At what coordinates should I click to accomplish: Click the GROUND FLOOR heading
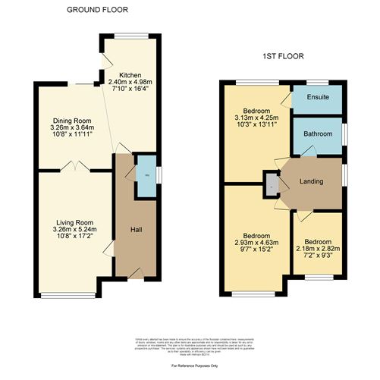(x=97, y=10)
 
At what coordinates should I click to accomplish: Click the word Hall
(x=135, y=229)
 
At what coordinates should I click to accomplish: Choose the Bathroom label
(x=318, y=134)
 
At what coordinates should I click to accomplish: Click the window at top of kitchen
(x=126, y=36)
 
